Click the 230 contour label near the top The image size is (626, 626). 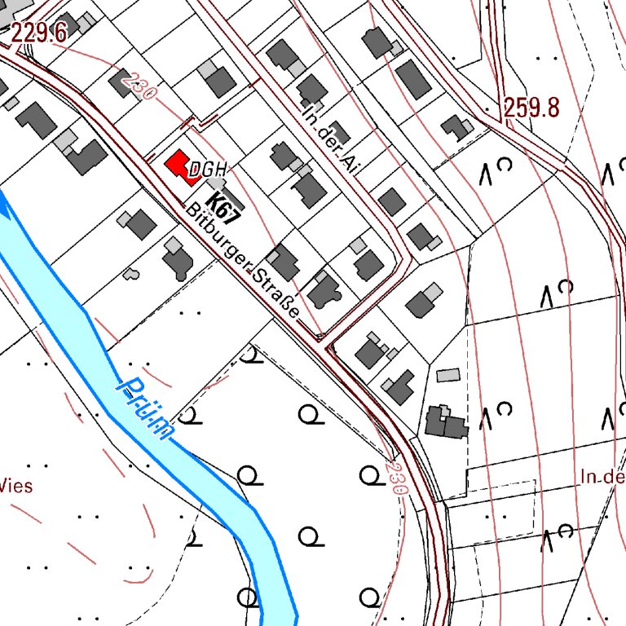138,86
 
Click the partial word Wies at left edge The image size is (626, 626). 16,487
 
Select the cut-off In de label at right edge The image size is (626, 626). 603,477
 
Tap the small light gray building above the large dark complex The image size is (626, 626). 448,375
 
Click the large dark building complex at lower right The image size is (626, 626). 445,421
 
